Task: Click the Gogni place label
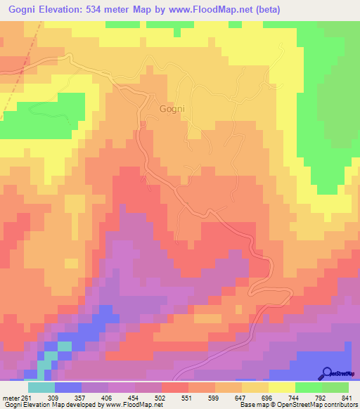[x=172, y=109]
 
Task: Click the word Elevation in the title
[x=73, y=8]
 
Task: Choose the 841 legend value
[x=348, y=397]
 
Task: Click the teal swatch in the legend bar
[x=41, y=387]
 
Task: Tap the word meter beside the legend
[x=8, y=397]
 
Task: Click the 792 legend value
[x=323, y=397]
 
